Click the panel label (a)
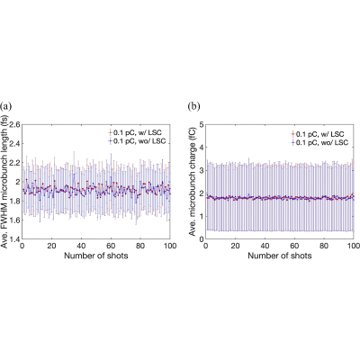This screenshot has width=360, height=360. (x=6, y=106)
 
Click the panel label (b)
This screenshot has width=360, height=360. (x=193, y=106)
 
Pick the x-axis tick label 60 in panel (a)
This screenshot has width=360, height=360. (x=111, y=246)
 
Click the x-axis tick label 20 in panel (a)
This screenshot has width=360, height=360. (x=51, y=246)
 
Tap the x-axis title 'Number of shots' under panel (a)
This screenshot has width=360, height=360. (x=96, y=256)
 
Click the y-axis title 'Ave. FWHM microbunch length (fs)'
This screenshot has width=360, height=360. (x=4, y=182)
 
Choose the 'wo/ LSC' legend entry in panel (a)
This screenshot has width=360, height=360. (x=137, y=141)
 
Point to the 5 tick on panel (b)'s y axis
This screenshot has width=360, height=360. (x=202, y=124)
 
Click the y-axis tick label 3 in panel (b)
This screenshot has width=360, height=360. (x=202, y=170)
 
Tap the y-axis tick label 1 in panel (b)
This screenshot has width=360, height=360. (x=202, y=216)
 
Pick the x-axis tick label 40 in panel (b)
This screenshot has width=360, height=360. (x=265, y=246)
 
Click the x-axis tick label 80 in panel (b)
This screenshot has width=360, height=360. (x=324, y=246)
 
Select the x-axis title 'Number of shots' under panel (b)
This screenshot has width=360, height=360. (x=280, y=256)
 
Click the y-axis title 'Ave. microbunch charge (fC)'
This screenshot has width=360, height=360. (x=193, y=182)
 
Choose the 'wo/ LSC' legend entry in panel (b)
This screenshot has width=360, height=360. (x=319, y=142)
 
